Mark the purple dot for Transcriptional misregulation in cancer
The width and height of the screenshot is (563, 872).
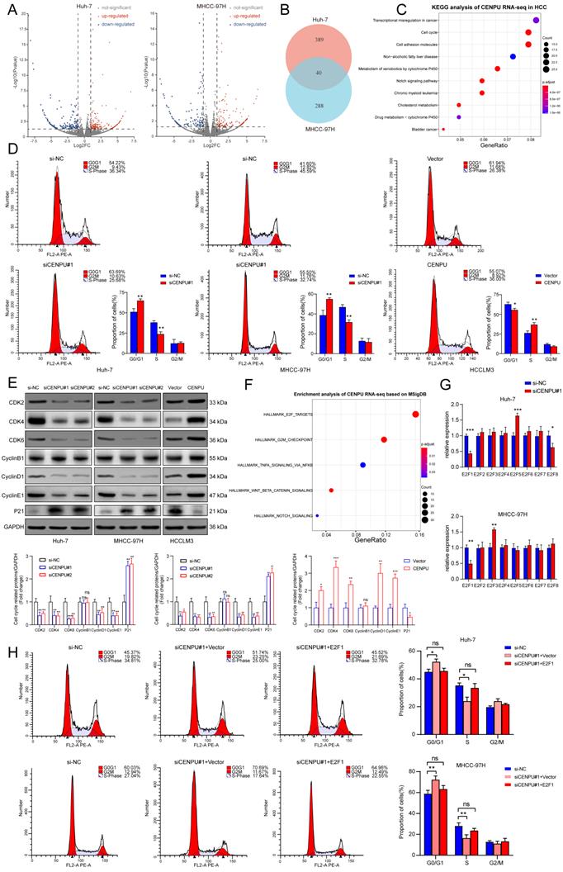point(536,19)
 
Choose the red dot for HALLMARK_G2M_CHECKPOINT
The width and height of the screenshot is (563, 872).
point(385,440)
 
